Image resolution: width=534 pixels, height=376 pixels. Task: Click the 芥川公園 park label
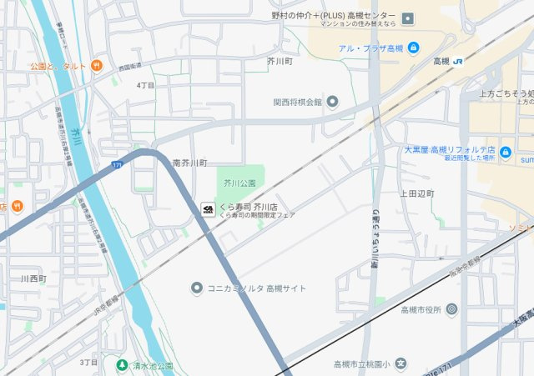[240, 182]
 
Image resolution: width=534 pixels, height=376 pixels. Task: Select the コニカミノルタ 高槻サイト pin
[196, 288]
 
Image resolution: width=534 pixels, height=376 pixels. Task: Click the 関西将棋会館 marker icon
[332, 103]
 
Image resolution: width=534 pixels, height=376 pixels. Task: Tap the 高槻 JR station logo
[459, 61]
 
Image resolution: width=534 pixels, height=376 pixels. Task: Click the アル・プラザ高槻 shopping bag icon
[414, 48]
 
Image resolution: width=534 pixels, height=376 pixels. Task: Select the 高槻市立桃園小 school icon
[400, 364]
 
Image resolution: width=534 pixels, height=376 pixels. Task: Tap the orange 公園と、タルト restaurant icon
[97, 65]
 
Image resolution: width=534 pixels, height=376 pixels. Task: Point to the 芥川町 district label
[280, 62]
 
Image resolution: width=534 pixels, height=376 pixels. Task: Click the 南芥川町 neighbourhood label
[189, 163]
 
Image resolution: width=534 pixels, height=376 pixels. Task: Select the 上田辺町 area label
[417, 193]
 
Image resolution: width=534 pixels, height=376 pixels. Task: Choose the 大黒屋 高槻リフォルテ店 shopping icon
[506, 152]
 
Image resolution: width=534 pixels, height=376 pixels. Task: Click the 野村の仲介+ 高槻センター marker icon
[407, 18]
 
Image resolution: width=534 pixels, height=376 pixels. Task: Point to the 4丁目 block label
[145, 85]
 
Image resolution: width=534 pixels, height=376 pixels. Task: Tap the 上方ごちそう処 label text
[504, 93]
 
